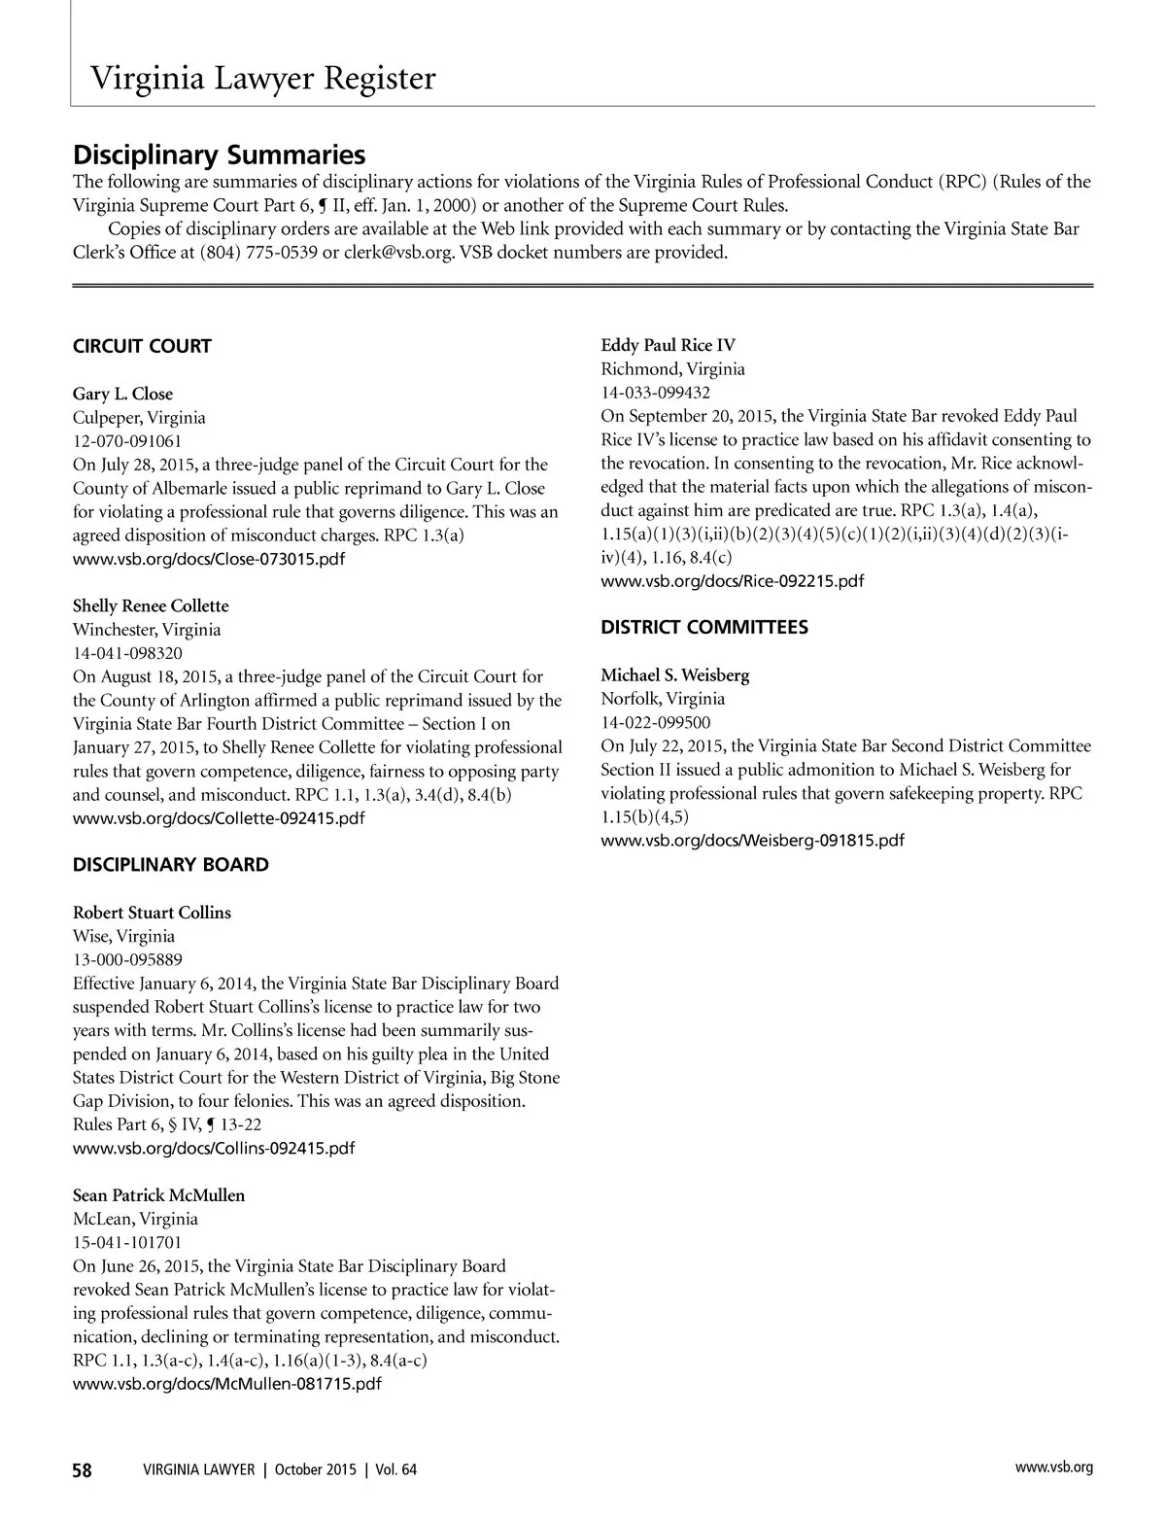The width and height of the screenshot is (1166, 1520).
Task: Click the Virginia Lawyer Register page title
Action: coord(262,78)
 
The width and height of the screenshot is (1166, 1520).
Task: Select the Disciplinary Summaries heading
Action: coord(220,155)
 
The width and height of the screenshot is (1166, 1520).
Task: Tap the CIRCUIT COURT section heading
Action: coord(142,346)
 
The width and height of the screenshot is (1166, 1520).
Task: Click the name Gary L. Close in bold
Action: coord(122,394)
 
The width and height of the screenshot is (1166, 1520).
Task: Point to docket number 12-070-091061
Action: coord(127,441)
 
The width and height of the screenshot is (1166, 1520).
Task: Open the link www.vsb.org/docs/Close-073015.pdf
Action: coord(209,560)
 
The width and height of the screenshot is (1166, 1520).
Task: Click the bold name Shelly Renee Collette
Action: coord(151,605)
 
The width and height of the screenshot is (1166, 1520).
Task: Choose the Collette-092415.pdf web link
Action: coord(219,818)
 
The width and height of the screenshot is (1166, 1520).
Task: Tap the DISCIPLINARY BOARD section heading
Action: coord(171,865)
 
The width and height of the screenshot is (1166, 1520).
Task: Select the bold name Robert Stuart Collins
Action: coord(152,913)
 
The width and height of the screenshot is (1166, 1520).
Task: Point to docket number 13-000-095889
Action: coord(127,960)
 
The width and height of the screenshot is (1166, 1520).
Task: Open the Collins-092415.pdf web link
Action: coord(214,1149)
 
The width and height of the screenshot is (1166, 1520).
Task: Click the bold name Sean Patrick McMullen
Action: coord(158,1195)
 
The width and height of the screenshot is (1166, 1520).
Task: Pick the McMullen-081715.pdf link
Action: coord(227,1384)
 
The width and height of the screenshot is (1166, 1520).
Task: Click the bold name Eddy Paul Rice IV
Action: coord(668,346)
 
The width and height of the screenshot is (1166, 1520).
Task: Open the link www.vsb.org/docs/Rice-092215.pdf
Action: coord(732,581)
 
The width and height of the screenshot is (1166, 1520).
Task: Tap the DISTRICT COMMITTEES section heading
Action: coord(703,628)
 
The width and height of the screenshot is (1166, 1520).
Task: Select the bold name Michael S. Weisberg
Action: coord(674,675)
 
